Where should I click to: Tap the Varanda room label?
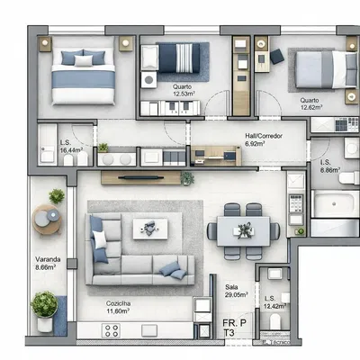pyautogui.click(x=49, y=263)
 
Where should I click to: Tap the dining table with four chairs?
pyautogui.click(x=243, y=230)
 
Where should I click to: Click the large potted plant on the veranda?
pyautogui.click(x=44, y=305)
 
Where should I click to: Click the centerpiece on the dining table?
pyautogui.click(x=243, y=230)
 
